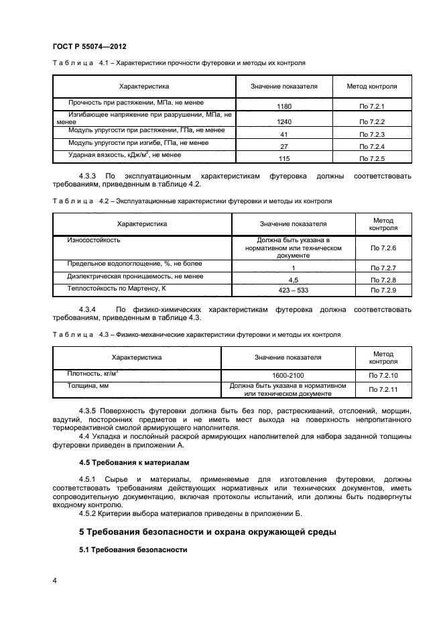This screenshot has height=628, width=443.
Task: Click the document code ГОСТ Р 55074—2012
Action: click(89, 46)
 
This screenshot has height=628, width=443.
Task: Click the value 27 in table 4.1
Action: click(284, 146)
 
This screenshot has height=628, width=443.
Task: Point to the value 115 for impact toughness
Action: click(284, 158)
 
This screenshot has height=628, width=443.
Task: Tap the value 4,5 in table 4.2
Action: click(292, 279)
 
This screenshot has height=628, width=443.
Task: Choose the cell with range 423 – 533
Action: click(292, 290)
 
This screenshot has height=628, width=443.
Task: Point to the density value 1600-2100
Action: click(292, 376)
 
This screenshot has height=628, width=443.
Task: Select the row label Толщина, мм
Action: click(83, 386)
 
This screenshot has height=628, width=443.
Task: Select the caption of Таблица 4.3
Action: click(196, 334)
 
